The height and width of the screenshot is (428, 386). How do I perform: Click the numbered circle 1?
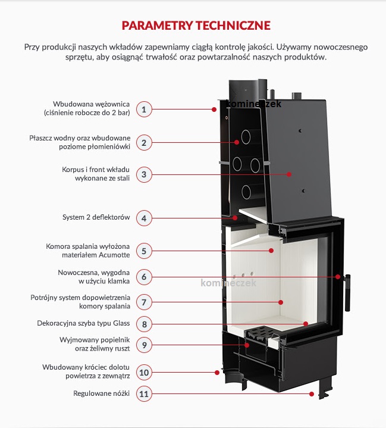[x=143, y=109]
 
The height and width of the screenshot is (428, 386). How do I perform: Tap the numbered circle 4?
[x=143, y=218]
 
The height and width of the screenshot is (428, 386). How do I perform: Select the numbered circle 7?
[x=143, y=302]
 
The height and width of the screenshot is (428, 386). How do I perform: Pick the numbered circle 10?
[x=143, y=372]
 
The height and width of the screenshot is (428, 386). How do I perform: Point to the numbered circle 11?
[x=143, y=393]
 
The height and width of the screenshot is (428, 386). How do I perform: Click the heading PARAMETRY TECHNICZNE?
[x=196, y=26]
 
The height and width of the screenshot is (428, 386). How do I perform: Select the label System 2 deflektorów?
[x=96, y=218]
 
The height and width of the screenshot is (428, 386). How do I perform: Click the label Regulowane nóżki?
[x=101, y=393]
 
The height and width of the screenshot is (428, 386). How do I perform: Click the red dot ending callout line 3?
[x=289, y=174]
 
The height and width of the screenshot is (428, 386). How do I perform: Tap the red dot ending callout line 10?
[x=216, y=372]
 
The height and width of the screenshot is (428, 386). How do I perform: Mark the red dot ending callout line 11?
[x=311, y=393]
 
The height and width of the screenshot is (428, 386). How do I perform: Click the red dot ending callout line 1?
[x=214, y=109]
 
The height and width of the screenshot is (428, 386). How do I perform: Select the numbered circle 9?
[x=143, y=344]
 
